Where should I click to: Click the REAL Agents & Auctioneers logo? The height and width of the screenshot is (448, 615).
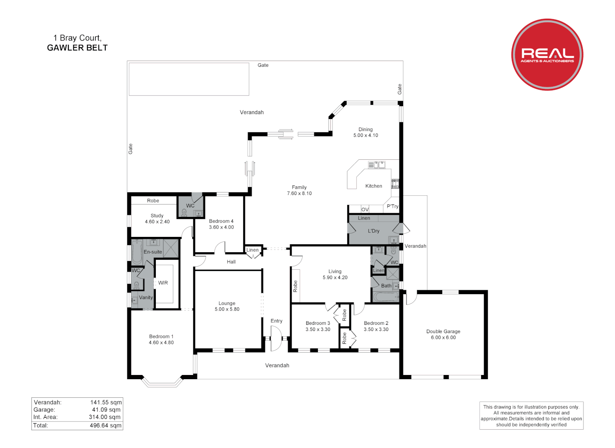coord(547,54)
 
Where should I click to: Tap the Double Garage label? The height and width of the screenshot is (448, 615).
coord(443,331)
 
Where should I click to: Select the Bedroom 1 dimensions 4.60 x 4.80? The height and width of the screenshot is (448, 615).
coord(161,343)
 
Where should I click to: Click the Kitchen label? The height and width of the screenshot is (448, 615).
coord(373,186)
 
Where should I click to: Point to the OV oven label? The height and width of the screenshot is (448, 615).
coord(365,209)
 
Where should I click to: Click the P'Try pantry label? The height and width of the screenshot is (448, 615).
coord(392,206)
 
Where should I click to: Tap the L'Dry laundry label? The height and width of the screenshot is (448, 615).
coord(373,231)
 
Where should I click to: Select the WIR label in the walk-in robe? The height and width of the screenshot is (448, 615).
coord(163,283)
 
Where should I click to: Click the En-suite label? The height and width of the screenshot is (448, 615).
coord(153,252)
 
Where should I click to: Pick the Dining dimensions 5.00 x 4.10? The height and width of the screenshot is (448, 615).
coord(366,135)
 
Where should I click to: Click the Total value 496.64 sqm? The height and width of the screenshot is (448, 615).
coord(105,425)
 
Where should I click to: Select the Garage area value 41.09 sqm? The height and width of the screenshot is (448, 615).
coord(106,409)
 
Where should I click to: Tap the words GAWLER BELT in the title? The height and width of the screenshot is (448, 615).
coord(77,48)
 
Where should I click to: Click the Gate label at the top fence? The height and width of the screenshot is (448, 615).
coord(263,65)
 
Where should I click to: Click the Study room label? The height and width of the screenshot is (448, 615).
coord(157,216)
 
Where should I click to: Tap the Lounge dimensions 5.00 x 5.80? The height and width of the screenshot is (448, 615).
coord(227,309)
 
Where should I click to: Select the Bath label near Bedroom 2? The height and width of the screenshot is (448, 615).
coord(386,286)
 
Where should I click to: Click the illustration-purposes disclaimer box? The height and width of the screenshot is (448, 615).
coord(531,415)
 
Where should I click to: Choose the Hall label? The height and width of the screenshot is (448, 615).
coord(231,262)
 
